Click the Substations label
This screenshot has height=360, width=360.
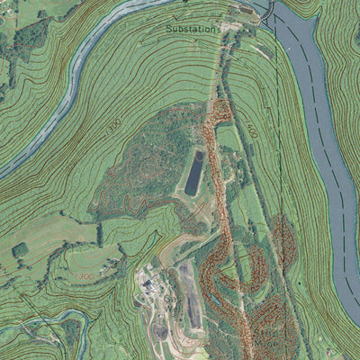(x=193, y=30)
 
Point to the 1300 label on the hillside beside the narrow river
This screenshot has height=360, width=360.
(x=113, y=127)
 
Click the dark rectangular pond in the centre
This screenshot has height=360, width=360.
(x=193, y=173)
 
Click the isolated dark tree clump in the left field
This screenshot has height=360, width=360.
(x=20, y=249)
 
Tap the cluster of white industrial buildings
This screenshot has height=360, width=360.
(x=150, y=286)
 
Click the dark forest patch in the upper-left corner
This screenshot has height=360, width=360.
(x=27, y=36)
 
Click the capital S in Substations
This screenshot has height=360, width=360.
(x=168, y=30)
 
